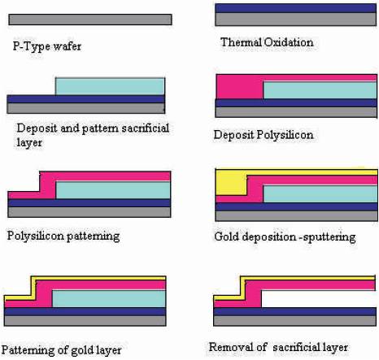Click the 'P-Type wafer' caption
[47, 46]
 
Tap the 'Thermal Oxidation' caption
[267, 42]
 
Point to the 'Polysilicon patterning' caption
[63, 236]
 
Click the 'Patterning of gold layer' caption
[61, 350]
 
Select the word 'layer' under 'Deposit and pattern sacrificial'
[29, 142]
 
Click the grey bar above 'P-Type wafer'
[90, 20]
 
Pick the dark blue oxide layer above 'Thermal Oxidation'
[296, 8]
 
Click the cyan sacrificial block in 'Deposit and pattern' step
[110, 86]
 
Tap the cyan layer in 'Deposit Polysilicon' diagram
[320, 90]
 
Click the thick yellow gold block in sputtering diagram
[231, 184]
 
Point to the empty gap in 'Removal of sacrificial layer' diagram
[319, 299]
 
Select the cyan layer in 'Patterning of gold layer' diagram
[109, 299]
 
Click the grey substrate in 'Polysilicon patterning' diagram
[89, 212]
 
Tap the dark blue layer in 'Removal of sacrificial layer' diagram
[295, 311]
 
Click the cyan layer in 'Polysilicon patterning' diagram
[113, 190]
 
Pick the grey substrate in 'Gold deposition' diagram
[296, 216]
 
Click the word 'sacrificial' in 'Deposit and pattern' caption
[146, 128]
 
